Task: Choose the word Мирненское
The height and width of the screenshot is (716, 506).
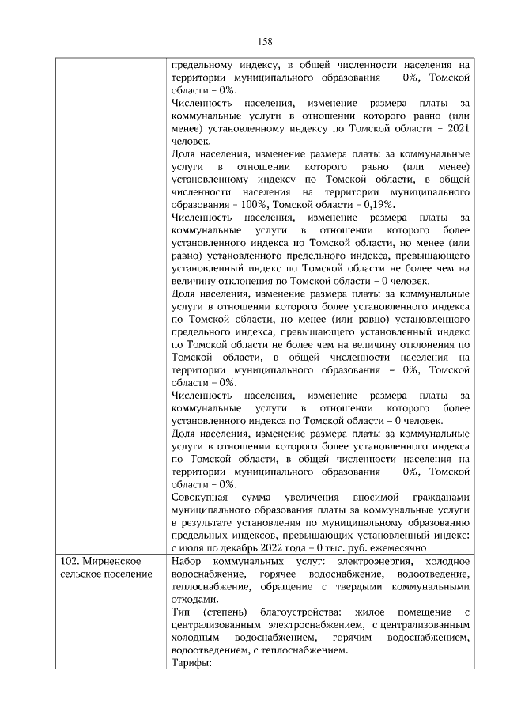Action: pos(110,561)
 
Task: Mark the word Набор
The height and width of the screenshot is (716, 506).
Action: pos(187,561)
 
